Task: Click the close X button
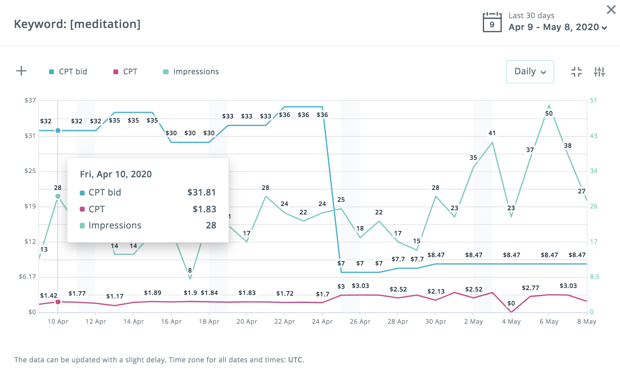click(x=611, y=9)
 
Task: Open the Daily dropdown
click(x=529, y=71)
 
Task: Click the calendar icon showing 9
click(x=492, y=22)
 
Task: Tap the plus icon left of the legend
click(x=21, y=71)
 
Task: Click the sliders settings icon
click(x=599, y=72)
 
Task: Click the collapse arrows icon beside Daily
click(x=576, y=72)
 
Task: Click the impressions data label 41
click(x=492, y=133)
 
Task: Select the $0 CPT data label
click(x=511, y=303)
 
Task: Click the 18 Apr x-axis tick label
click(x=209, y=322)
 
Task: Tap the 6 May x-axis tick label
click(x=549, y=322)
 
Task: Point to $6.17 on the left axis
click(x=27, y=277)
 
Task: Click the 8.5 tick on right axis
click(x=594, y=277)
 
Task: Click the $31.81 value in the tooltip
click(x=202, y=192)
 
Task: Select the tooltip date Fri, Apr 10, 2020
click(x=116, y=174)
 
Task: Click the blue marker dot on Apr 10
click(x=58, y=131)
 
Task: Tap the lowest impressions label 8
click(x=190, y=270)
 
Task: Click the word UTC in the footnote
click(x=295, y=360)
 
